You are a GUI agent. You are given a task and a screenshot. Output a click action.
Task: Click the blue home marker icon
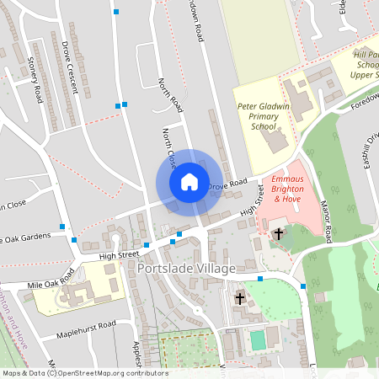point(189,182)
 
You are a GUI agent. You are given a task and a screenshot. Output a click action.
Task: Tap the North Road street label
point(171,95)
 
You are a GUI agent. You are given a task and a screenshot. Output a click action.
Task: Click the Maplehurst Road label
point(86,325)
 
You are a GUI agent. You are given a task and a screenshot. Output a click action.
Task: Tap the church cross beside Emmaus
point(278,234)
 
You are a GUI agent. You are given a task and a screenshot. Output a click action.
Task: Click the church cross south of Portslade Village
point(239,298)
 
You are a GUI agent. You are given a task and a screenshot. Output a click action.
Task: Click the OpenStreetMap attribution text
point(84,373)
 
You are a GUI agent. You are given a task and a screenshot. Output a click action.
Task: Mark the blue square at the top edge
point(116,12)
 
